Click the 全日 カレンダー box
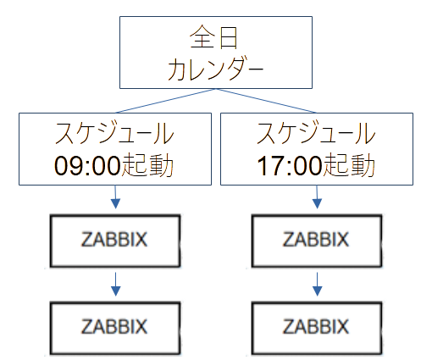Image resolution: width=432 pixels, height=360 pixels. (216, 53)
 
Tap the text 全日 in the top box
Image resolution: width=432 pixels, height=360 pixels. (215, 38)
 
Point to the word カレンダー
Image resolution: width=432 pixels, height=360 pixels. (215, 69)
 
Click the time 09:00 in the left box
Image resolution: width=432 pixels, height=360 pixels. (85, 164)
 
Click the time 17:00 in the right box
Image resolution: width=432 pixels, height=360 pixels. (286, 164)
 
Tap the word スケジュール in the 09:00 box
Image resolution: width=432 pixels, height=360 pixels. (115, 134)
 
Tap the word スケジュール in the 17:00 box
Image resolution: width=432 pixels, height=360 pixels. (317, 134)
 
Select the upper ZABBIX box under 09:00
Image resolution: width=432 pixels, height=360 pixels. (115, 240)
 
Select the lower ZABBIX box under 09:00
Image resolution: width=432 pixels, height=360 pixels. (115, 326)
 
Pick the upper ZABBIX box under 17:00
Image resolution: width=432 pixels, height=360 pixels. (317, 240)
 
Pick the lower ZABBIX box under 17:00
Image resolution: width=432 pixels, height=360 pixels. (317, 326)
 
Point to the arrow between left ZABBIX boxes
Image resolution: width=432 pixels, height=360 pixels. (115, 284)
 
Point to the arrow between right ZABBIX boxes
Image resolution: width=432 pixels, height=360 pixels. (317, 284)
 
